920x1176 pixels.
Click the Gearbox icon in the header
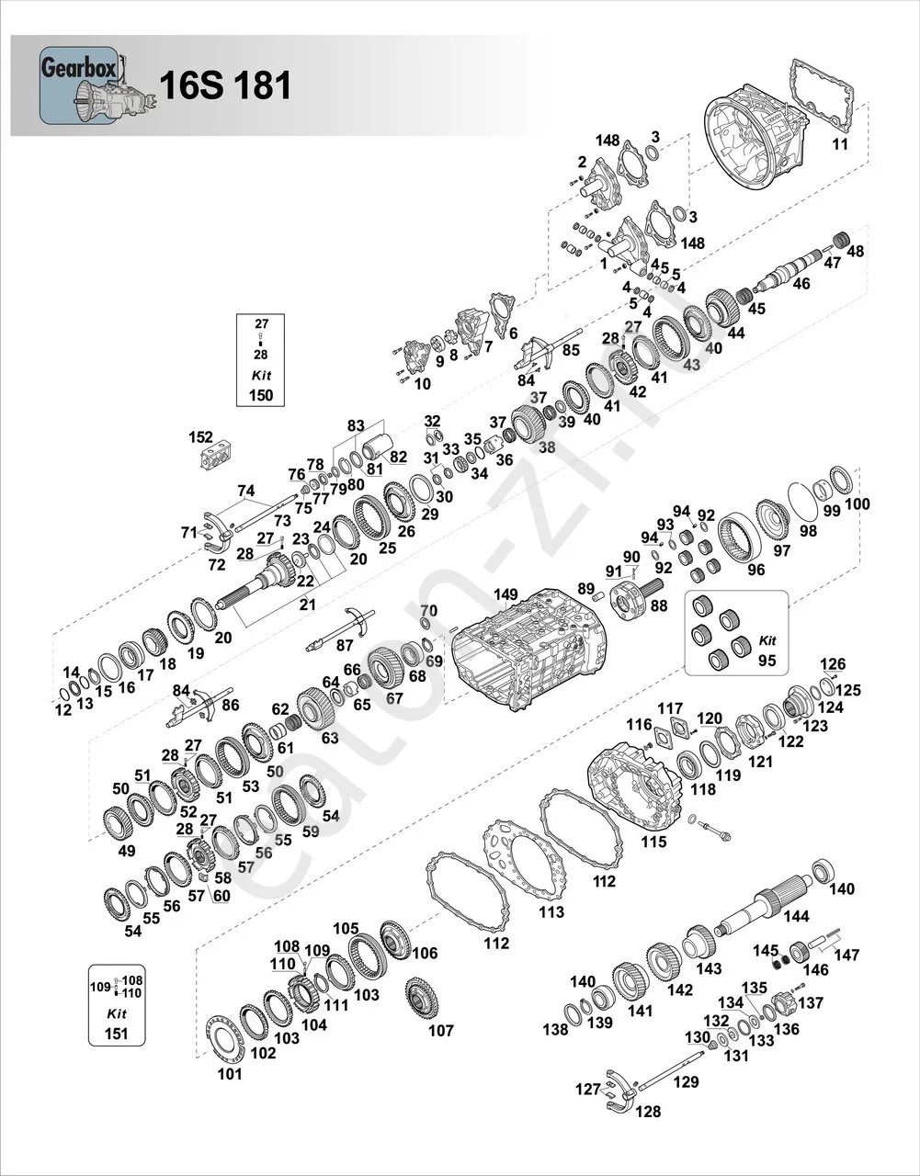pyautogui.click(x=81, y=85)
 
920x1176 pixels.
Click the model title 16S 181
pyautogui.click(x=225, y=85)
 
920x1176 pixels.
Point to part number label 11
pyautogui.click(x=840, y=144)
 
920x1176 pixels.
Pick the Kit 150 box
pyautogui.click(x=261, y=358)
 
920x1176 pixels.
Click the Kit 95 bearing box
pyautogui.click(x=736, y=631)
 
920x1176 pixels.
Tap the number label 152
pyautogui.click(x=200, y=437)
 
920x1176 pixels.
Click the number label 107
pyautogui.click(x=441, y=1030)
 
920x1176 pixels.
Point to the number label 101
pyautogui.click(x=230, y=1073)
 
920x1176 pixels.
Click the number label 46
pyautogui.click(x=801, y=284)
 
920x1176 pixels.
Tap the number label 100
pyautogui.click(x=857, y=504)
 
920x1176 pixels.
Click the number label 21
pyautogui.click(x=306, y=604)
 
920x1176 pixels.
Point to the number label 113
pyautogui.click(x=551, y=912)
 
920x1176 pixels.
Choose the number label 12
pyautogui.click(x=62, y=710)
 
